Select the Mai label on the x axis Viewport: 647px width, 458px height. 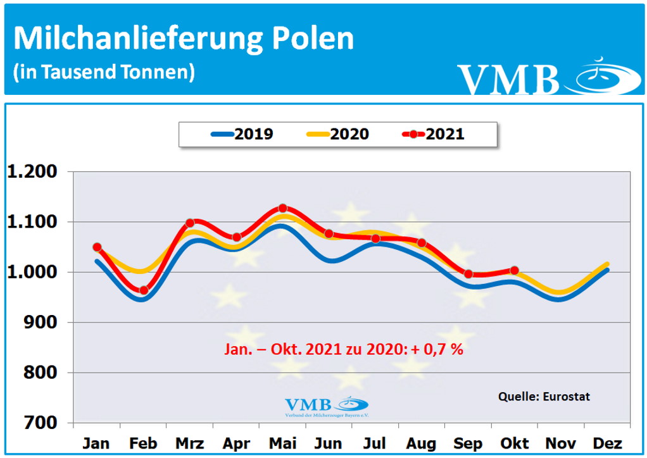282,443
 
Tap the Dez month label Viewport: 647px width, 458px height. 608,443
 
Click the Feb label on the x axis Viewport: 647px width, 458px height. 143,443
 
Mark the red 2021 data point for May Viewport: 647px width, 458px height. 283,208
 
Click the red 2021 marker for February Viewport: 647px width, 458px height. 144,290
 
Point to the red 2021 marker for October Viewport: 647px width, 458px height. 514,270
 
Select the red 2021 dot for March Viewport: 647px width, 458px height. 190,223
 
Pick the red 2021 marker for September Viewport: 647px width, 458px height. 468,274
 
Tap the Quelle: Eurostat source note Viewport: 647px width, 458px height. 544,397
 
